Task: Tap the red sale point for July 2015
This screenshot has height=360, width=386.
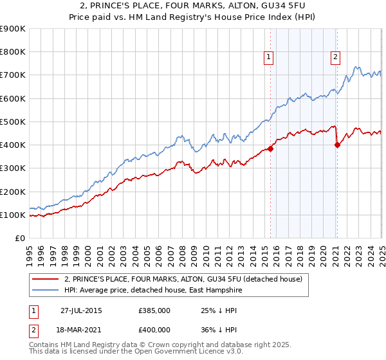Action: coord(271,148)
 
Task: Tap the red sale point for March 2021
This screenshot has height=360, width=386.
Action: coord(337,145)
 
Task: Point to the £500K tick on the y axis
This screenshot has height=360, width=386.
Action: coord(13,122)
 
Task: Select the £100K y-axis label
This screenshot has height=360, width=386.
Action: coord(13,215)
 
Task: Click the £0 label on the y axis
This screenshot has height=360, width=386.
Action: coord(19,238)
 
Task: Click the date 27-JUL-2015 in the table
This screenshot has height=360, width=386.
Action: coord(81,310)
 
